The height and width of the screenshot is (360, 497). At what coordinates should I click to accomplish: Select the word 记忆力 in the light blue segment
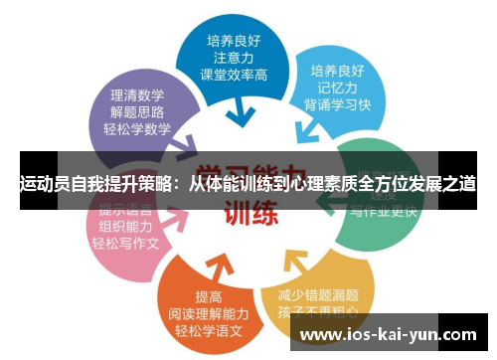(337, 90)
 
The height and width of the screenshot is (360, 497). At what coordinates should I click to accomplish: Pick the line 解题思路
(138, 111)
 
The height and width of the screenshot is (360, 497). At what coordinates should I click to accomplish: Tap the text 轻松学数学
(138, 129)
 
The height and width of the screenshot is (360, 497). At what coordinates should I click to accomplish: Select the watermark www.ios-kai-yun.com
(381, 336)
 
